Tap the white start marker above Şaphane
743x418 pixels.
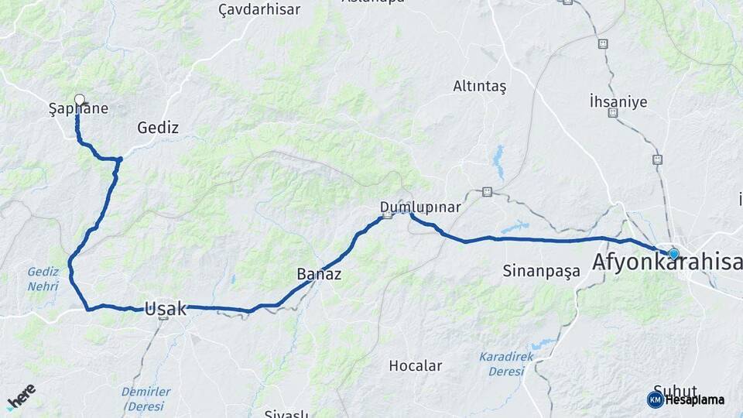pyautogui.click(x=79, y=99)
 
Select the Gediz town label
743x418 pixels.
pyautogui.click(x=158, y=128)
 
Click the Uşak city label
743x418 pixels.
pyautogui.click(x=166, y=309)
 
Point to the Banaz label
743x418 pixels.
pyautogui.click(x=319, y=274)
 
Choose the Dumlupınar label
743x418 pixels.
pyautogui.click(x=420, y=207)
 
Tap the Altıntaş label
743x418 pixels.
pyautogui.click(x=479, y=87)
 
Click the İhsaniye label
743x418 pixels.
pyautogui.click(x=618, y=101)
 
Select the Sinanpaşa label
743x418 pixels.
pyautogui.click(x=541, y=271)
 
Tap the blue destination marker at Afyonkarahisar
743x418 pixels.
pyautogui.click(x=673, y=253)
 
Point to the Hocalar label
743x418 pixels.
pyautogui.click(x=415, y=365)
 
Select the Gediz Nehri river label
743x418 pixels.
pyautogui.click(x=43, y=279)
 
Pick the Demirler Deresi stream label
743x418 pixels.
pyautogui.click(x=146, y=399)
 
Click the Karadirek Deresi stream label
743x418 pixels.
pyautogui.click(x=506, y=364)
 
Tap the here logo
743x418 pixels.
pyautogui.click(x=21, y=396)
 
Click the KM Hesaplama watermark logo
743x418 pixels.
pyautogui.click(x=686, y=399)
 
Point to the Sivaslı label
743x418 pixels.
pyautogui.click(x=286, y=413)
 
